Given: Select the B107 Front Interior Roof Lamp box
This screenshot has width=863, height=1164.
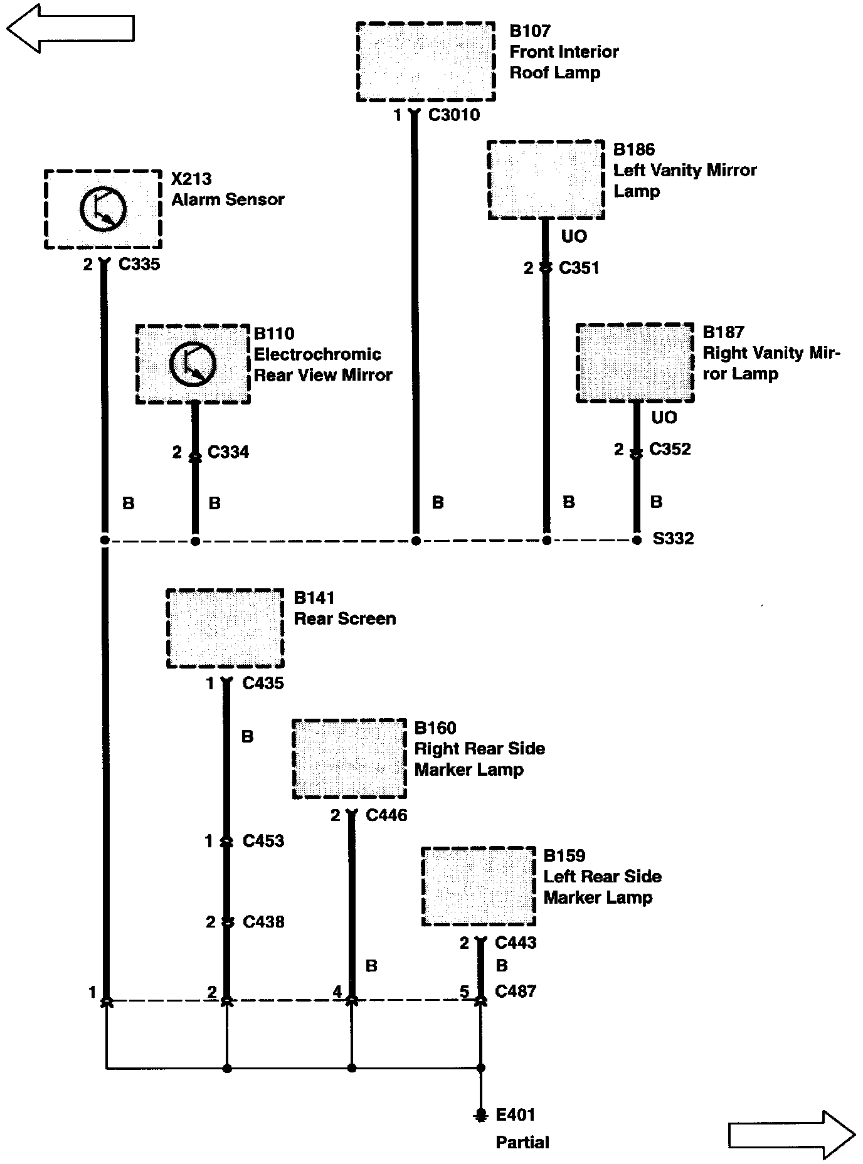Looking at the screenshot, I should click(426, 61).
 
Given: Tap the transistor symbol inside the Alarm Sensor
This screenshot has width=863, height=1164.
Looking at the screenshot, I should click(103, 209).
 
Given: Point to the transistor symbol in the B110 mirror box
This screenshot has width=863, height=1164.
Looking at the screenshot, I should click(193, 364).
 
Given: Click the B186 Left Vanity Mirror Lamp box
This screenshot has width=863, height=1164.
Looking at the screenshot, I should click(546, 180).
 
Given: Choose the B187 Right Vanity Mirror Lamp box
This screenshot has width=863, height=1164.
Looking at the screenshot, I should click(635, 362).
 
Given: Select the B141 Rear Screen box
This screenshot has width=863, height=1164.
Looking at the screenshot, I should click(225, 628).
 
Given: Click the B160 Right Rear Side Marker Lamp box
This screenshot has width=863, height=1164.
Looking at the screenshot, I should click(349, 759).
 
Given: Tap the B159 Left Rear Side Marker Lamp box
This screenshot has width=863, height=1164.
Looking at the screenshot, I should click(479, 887).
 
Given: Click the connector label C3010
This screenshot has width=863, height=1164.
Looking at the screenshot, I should click(454, 115).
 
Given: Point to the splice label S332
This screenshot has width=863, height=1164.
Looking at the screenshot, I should click(673, 539).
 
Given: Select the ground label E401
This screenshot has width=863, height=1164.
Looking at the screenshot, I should click(515, 1114).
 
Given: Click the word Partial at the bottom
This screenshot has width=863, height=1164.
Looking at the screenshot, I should click(522, 1142).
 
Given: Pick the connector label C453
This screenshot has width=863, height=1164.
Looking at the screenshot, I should click(263, 841).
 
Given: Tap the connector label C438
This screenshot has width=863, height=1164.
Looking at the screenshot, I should click(263, 922).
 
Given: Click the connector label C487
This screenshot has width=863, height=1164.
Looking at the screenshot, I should click(516, 992).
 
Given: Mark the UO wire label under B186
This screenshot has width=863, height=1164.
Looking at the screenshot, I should click(574, 236).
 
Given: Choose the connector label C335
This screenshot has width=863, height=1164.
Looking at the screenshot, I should click(139, 264).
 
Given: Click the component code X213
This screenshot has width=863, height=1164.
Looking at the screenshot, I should click(191, 179).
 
